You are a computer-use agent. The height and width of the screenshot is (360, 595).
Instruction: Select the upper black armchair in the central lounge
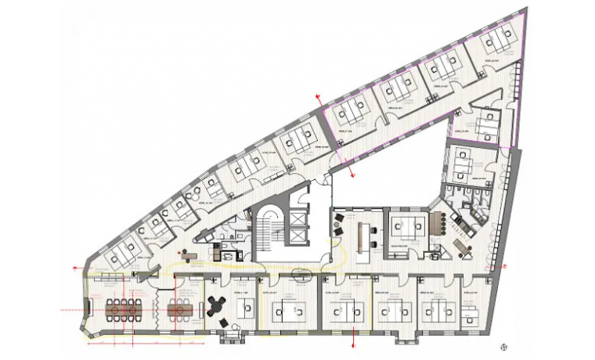point(338,217)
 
